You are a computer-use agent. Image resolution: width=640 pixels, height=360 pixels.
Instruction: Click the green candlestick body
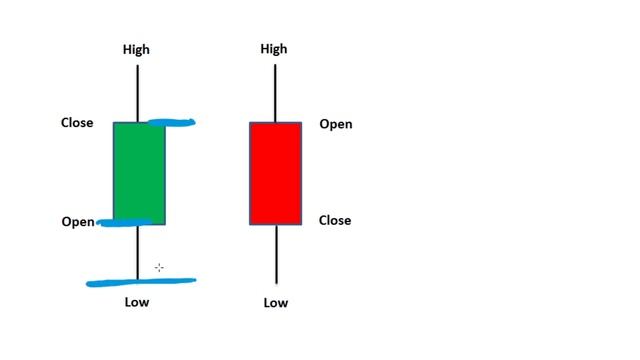pos(138,172)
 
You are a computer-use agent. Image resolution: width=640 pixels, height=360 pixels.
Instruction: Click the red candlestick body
pos(275,173)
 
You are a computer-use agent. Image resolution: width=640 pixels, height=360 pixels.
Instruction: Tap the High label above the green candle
pos(137,49)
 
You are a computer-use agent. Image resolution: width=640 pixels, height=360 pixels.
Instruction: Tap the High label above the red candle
pos(274,49)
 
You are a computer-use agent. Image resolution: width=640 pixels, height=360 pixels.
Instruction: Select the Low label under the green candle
pos(137,301)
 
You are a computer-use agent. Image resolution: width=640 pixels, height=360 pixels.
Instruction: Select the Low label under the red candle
pos(275,302)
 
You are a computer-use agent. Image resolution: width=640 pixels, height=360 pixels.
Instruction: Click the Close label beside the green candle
pos(77,123)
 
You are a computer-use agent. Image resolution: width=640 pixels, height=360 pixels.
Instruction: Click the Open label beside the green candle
pos(77,221)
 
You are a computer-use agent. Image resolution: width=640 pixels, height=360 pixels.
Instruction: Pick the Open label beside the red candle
pos(336,124)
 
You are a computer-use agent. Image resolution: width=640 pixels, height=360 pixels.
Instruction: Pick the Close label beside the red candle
pos(335,220)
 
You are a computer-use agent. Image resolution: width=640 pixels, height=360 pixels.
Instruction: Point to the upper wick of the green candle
pos(138,92)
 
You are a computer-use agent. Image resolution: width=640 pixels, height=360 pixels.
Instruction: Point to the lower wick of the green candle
pos(138,252)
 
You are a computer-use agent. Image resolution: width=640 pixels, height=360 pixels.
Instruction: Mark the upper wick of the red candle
pos(275,92)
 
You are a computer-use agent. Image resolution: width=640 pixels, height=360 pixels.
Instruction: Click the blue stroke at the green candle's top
pos(172,123)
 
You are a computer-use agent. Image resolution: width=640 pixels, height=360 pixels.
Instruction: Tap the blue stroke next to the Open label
pos(125,222)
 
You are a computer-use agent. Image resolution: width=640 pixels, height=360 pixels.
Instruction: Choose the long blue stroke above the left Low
pos(141,282)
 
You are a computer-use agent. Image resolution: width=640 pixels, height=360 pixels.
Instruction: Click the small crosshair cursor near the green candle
pos(159,267)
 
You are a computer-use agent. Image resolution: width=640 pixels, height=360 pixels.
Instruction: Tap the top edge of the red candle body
pos(275,123)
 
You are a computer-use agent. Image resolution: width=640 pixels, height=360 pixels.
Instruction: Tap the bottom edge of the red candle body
pos(275,224)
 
